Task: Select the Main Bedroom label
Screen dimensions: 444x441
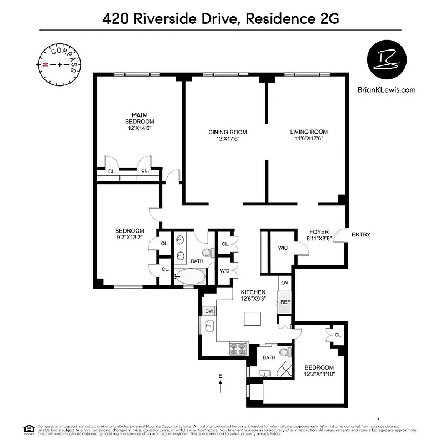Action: [x=139, y=118]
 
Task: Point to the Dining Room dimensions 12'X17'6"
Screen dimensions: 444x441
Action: [x=228, y=139]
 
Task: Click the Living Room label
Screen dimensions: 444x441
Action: [x=309, y=132]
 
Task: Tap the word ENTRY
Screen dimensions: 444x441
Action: [x=361, y=235]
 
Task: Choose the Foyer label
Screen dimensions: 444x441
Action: [x=319, y=232]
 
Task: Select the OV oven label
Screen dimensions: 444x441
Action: [x=284, y=282]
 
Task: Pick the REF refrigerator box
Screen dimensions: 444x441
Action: [x=284, y=302]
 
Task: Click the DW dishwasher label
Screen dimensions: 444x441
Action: [x=209, y=311]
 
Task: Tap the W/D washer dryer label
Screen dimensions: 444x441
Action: [x=225, y=271]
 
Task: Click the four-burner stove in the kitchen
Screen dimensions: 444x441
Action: [x=238, y=348]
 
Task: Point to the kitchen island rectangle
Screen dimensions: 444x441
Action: [x=253, y=320]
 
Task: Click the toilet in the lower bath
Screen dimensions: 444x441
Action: [x=285, y=352]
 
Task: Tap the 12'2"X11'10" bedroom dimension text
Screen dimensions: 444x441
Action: [x=319, y=375]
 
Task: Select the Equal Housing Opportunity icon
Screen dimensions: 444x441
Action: [x=27, y=428]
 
